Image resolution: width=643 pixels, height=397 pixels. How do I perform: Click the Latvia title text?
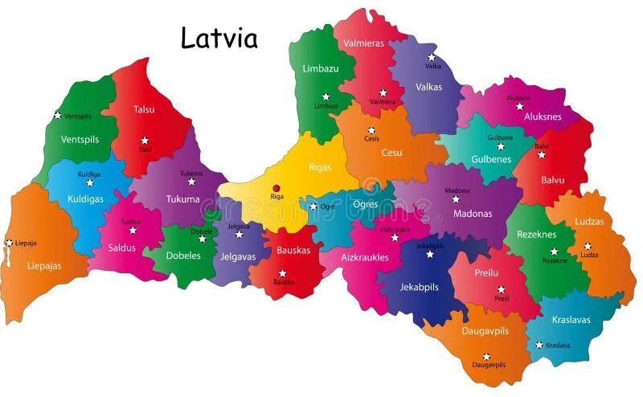click(x=219, y=38)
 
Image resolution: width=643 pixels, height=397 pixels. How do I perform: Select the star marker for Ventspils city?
click(x=57, y=115)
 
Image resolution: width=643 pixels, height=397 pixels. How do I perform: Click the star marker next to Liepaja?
click(x=9, y=243)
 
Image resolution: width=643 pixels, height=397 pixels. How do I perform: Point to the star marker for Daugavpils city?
click(x=486, y=356)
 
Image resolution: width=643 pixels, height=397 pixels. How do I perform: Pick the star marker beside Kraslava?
click(x=539, y=345)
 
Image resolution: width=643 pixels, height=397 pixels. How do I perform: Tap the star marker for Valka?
click(x=432, y=57)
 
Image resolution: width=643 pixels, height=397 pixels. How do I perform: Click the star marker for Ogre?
click(x=313, y=207)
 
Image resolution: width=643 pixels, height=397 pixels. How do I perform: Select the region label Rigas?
click(x=320, y=168)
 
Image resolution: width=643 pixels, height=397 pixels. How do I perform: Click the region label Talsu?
click(x=144, y=109)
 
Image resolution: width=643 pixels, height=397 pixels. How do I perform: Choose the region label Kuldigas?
click(x=85, y=198)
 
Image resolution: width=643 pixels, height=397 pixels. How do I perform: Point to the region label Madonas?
click(x=473, y=214)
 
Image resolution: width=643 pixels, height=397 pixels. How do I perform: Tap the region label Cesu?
click(x=391, y=153)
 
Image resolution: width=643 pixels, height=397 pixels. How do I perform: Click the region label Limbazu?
click(x=321, y=69)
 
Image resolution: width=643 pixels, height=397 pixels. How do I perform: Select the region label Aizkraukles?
click(x=365, y=257)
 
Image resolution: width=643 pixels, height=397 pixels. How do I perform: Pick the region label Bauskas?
click(x=293, y=250)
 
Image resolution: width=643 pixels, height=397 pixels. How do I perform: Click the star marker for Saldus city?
click(x=133, y=231)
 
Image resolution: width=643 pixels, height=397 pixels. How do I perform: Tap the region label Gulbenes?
click(x=491, y=159)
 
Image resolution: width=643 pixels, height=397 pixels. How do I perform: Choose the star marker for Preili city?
click(x=501, y=289)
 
